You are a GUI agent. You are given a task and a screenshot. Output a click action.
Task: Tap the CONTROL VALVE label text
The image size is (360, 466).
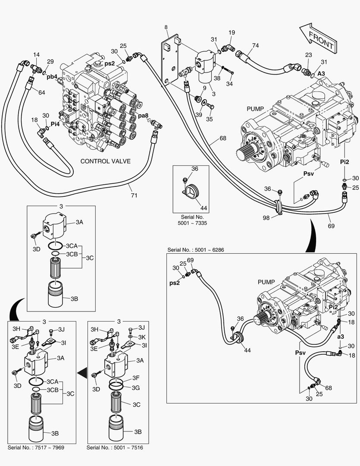click(x=106, y=161)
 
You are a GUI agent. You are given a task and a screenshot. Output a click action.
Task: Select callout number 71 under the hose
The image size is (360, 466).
click(x=134, y=195)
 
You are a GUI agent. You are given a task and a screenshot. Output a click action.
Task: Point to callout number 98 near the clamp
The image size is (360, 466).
click(x=266, y=218)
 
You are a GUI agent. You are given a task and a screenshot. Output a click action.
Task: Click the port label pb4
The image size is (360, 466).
click(x=53, y=77)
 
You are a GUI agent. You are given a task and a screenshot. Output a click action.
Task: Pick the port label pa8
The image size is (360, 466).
click(x=143, y=115)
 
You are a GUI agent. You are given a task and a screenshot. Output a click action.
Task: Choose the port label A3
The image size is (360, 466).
click(x=322, y=74)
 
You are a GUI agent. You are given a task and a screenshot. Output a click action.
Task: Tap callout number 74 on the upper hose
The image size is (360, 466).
click(x=255, y=46)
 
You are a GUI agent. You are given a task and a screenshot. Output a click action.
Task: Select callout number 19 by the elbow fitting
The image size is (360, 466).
click(x=232, y=33)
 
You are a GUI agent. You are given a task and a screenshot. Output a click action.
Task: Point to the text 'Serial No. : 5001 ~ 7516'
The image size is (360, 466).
click(x=115, y=447)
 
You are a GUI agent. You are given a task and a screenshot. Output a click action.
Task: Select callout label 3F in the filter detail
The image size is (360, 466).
click(x=136, y=378)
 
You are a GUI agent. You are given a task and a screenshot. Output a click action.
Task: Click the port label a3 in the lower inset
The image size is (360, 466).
click(x=340, y=336)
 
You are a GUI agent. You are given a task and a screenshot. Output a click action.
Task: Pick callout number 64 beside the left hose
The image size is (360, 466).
click(x=41, y=92)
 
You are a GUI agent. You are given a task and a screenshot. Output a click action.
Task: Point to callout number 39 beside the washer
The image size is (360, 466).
click(x=198, y=115)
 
